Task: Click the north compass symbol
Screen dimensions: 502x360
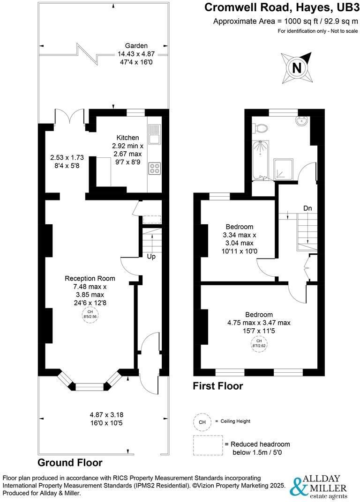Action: coord(296,67)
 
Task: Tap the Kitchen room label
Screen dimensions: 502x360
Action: coord(127,138)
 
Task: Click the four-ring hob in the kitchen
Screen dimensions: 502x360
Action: coord(155,169)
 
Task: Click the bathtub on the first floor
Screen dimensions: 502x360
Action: coord(259,160)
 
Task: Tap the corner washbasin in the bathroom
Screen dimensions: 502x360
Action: coord(301,121)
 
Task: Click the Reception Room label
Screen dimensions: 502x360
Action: coord(90,278)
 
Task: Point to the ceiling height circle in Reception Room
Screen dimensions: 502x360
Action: coord(90,315)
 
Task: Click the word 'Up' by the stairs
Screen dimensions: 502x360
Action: coord(151,257)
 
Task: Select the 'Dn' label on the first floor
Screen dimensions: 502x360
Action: coord(307,208)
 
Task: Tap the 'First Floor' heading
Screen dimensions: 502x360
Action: coord(218,386)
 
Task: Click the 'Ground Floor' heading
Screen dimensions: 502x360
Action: coord(70,463)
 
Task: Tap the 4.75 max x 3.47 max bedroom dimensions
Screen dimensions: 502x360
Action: coord(259,323)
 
